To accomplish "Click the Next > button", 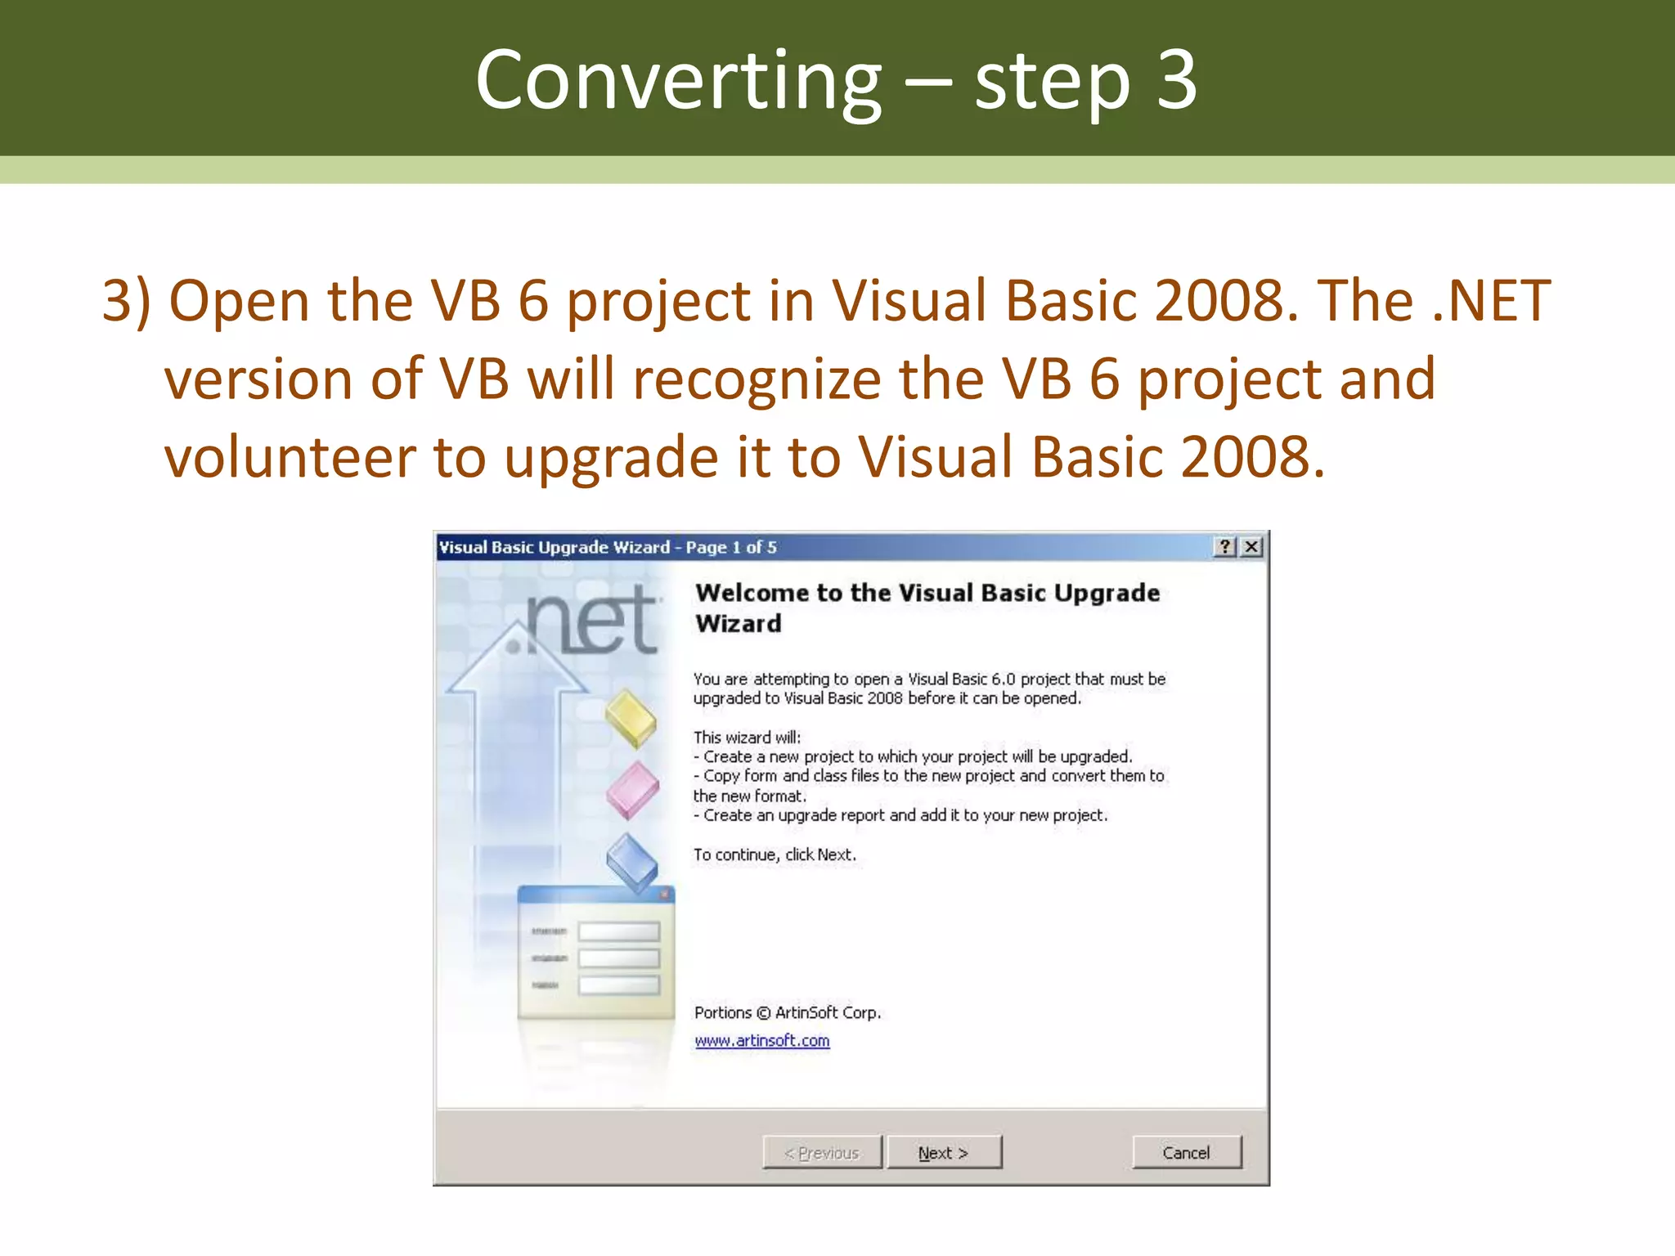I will point(944,1152).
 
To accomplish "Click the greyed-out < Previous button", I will point(822,1152).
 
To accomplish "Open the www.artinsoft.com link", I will point(761,1041).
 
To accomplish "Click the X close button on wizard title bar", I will point(1251,547).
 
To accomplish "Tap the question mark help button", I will point(1224,547).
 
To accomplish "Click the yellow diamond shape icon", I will point(631,719).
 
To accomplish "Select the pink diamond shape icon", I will point(632,790).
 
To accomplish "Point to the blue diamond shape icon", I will point(632,862).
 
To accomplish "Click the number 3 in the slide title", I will point(1176,80).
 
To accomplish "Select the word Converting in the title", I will point(678,80).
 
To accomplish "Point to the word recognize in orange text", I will point(756,379).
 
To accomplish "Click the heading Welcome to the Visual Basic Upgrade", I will point(927,593).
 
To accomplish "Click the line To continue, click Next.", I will point(775,855).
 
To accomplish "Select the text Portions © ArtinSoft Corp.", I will point(787,1012).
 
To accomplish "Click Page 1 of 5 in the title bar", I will point(731,547).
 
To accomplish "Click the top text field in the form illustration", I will point(618,931).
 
